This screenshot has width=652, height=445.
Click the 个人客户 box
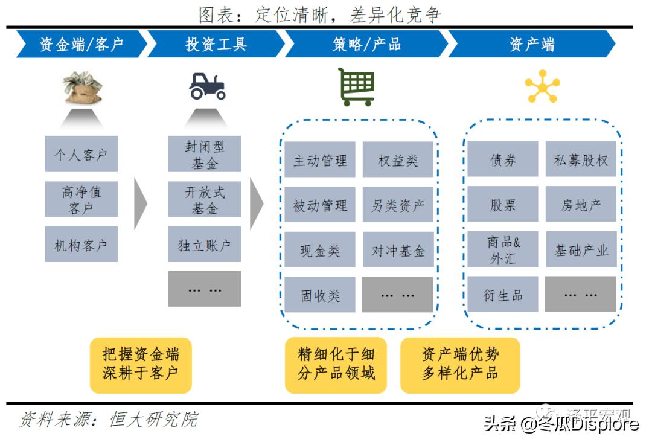click(x=81, y=154)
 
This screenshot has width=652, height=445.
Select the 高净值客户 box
click(x=81, y=200)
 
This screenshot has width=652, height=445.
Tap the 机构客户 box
click(x=81, y=245)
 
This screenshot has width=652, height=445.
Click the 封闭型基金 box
click(x=204, y=154)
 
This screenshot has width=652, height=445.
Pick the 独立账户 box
click(x=204, y=245)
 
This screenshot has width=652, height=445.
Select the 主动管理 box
click(x=320, y=160)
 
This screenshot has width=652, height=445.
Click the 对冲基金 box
click(x=398, y=250)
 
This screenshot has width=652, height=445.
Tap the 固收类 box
click(x=320, y=295)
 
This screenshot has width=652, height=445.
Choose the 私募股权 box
click(x=581, y=159)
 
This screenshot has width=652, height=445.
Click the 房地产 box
click(x=581, y=205)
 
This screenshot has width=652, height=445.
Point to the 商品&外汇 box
click(x=503, y=249)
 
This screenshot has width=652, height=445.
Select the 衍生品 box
click(x=503, y=295)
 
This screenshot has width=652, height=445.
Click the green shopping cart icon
click(x=356, y=87)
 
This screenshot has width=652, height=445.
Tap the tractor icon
click(x=207, y=86)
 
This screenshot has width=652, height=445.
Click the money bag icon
click(x=83, y=87)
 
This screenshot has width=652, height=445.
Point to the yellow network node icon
click(x=542, y=87)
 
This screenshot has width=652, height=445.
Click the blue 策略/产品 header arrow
click(x=366, y=44)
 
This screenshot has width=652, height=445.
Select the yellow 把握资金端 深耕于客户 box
click(x=140, y=364)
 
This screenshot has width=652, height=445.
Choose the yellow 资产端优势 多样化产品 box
click(x=459, y=364)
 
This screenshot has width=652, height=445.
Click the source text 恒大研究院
click(x=153, y=419)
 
